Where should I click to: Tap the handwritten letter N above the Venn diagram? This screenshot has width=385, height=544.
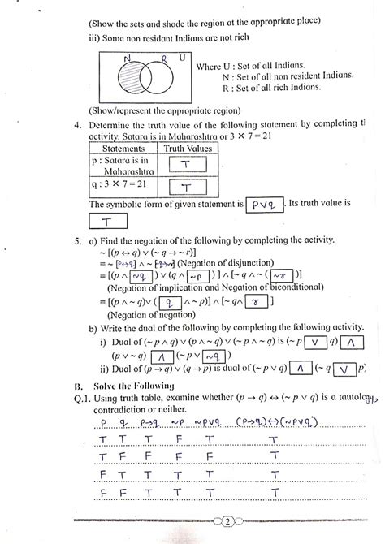126,58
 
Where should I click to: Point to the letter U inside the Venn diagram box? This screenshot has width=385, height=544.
182,58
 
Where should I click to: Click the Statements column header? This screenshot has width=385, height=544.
119,149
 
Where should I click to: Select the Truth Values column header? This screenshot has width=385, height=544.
186,149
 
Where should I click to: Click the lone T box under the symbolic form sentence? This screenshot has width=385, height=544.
106,221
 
